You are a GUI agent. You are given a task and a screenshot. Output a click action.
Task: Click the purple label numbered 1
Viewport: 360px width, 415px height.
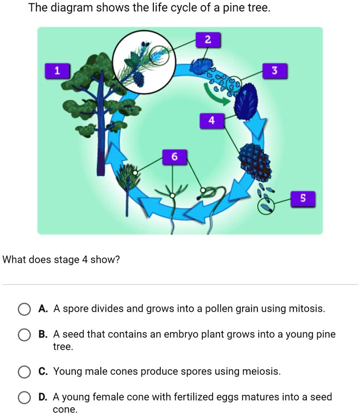tap(56, 71)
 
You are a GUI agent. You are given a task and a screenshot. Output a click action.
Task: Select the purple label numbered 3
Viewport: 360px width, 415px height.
tap(275, 71)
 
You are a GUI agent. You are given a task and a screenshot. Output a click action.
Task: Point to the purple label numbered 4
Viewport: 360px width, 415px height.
tap(212, 121)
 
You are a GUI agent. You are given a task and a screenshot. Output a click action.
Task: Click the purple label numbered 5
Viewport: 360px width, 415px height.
tap(303, 198)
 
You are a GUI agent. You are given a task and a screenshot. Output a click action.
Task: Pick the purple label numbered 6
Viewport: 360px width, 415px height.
tap(174, 157)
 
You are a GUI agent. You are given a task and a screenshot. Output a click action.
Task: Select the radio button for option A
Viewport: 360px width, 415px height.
tap(24, 309)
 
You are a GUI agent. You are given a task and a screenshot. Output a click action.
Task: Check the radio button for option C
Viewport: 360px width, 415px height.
tap(24, 372)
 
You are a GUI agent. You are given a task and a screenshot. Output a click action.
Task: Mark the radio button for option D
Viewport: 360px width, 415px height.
tap(24, 398)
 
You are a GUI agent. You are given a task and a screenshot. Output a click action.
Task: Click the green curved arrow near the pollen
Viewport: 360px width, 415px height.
tap(217, 95)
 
